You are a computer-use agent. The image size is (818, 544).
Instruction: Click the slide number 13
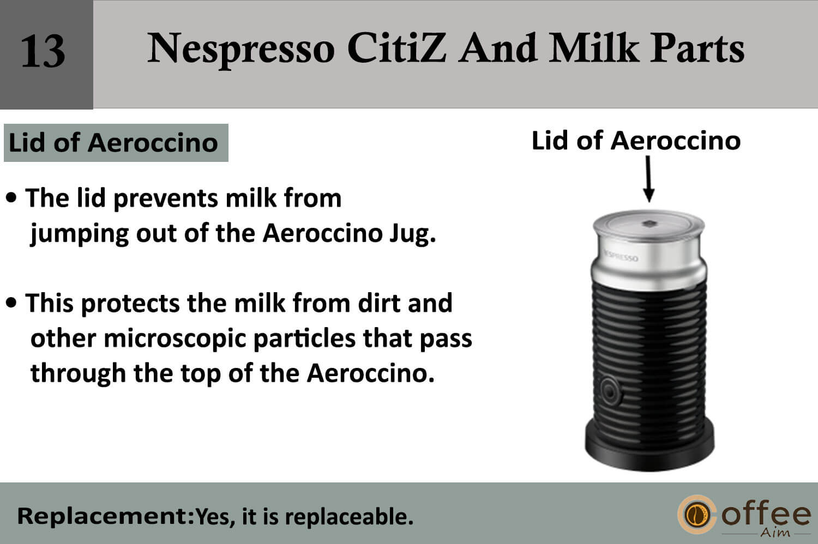coord(44,51)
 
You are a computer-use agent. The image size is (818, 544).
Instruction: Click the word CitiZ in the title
coord(396,48)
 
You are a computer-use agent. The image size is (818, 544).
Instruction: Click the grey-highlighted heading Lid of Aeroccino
coord(113,142)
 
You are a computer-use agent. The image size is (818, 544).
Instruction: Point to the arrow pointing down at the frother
coord(648,179)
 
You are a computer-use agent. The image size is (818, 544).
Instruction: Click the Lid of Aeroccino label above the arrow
coord(636,141)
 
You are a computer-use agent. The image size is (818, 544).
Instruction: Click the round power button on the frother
coord(610,392)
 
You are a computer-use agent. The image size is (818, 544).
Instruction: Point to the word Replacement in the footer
coord(105,516)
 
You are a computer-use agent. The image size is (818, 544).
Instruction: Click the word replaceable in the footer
coord(349,517)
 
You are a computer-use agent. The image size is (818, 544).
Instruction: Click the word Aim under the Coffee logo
coord(775,533)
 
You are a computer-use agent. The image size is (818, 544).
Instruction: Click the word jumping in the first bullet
coord(79,234)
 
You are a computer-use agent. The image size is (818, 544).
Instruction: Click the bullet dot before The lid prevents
coord(11,197)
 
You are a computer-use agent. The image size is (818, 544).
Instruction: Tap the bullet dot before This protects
coord(11,303)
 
